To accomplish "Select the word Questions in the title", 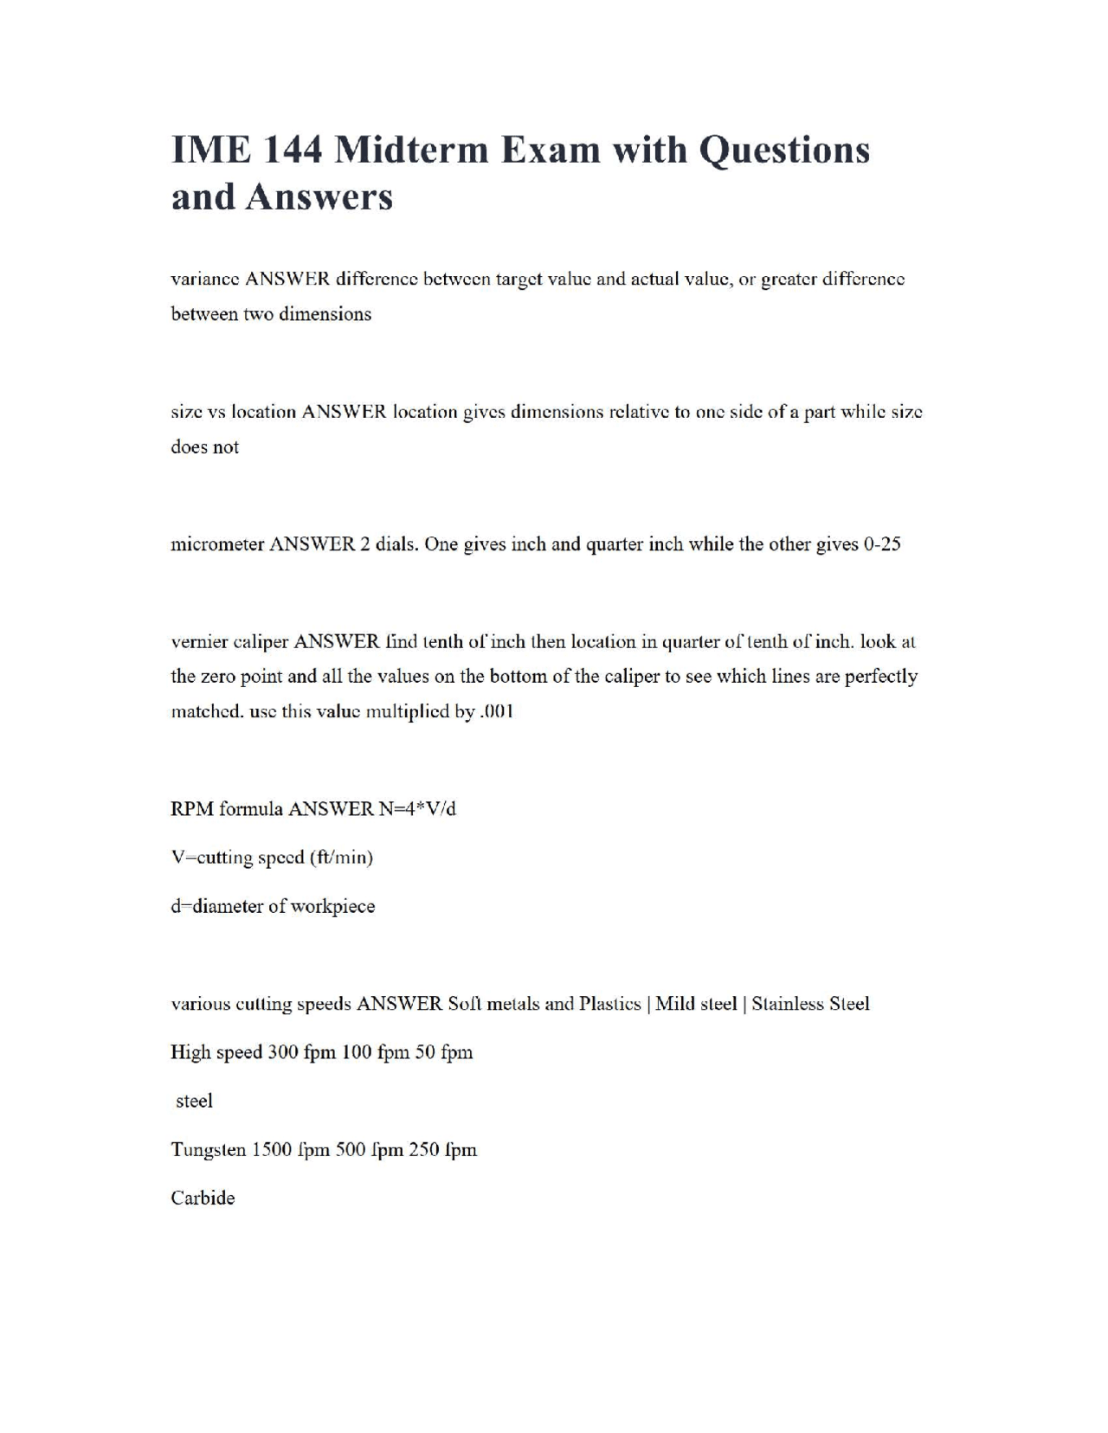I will [783, 150].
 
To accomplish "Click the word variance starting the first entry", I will [205, 280].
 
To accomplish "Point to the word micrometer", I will [217, 544].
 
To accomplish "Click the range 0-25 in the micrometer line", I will [882, 544].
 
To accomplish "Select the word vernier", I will [198, 642].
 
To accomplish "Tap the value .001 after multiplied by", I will [497, 711].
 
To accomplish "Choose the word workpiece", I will [333, 907].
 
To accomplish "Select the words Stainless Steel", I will [810, 1004].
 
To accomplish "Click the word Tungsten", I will [209, 1150].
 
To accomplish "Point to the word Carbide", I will [203, 1198].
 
